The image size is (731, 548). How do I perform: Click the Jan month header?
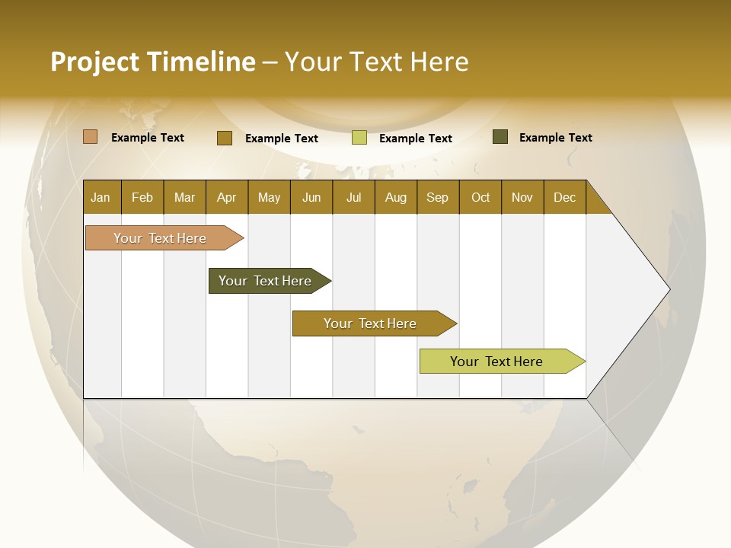pos(101,198)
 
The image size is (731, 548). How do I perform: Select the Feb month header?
pos(142,198)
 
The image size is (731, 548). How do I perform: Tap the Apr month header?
pos(226,198)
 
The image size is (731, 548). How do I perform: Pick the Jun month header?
pos(311,198)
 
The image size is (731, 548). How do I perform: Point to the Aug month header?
pos(395,198)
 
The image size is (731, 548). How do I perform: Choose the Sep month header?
pos(437,198)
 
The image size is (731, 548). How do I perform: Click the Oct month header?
pos(480,198)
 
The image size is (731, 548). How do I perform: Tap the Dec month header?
pos(564,198)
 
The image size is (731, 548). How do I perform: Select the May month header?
pos(269,198)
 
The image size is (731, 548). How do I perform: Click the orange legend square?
pos(90,137)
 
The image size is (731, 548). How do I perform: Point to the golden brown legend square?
pos(224,138)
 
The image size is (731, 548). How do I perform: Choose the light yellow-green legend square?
pos(359,138)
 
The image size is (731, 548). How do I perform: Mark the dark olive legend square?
pos(500,137)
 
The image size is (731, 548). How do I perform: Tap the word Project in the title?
pos(94,62)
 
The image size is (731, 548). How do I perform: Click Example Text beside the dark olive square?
pos(555,138)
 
